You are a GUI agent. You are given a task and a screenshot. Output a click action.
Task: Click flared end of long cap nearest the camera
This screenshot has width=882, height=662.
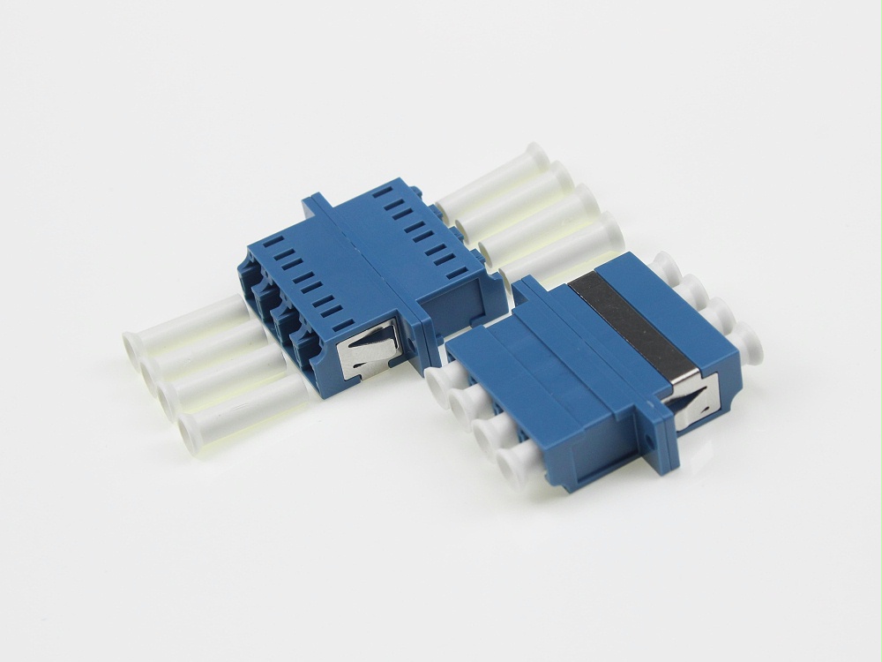[x=188, y=430]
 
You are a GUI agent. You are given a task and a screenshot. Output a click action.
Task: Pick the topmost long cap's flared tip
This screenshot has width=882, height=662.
[x=535, y=159]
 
